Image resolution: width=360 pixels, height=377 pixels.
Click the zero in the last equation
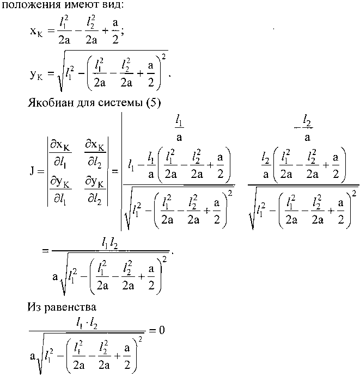tap(162, 330)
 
